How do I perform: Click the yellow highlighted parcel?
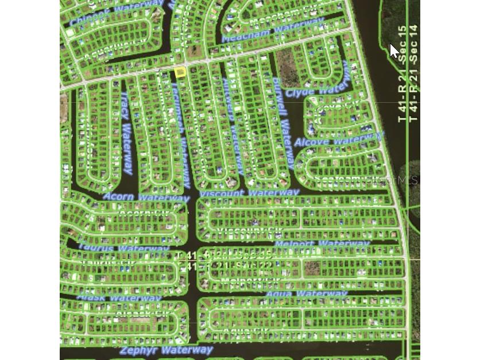[180, 72]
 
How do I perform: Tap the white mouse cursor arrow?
[394, 51]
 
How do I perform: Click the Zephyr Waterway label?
[166, 350]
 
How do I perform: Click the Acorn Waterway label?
[146, 198]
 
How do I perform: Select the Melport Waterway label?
[322, 243]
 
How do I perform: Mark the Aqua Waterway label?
[307, 294]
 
